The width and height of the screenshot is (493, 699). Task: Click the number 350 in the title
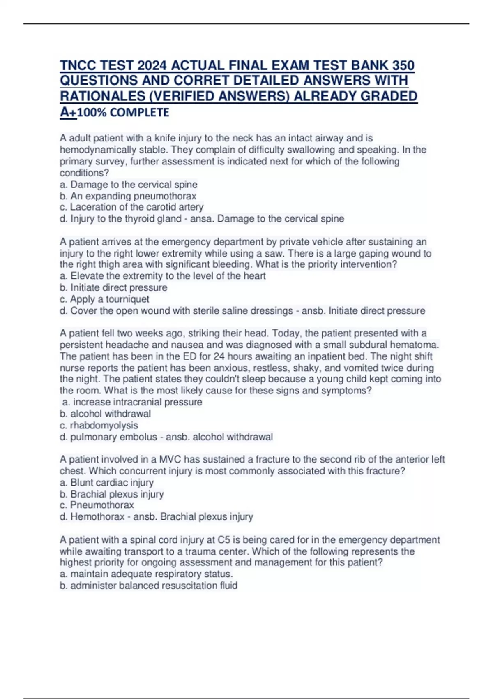pos(403,65)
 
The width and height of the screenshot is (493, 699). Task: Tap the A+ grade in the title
pos(68,112)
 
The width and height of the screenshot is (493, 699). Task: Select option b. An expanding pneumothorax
pos(128,196)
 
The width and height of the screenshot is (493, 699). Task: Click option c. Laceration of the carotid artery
pos(131,207)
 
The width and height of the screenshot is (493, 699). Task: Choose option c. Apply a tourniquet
pos(104,299)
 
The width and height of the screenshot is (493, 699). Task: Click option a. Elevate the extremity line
pos(163,276)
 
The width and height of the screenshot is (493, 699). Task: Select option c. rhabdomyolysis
pos(99,425)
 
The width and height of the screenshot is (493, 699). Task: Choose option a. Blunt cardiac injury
pos(107,482)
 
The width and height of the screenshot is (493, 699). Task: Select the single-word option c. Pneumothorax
pos(97,505)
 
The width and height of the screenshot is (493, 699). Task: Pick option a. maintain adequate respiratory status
pos(146,574)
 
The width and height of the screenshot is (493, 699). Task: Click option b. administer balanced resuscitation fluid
pos(149,586)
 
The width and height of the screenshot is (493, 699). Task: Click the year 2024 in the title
pos(152,65)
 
